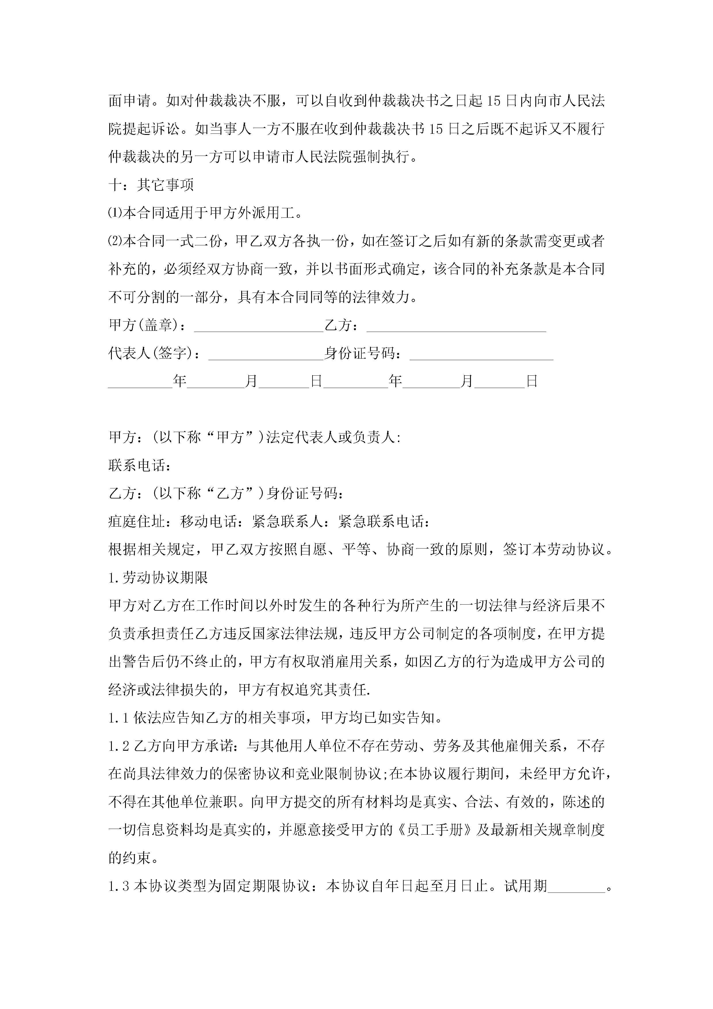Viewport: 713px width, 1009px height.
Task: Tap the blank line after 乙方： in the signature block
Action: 456,326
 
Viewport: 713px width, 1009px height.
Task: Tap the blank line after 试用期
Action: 576,887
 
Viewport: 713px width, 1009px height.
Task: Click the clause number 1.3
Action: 118,887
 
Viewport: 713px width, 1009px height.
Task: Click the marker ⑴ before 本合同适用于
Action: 115,213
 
